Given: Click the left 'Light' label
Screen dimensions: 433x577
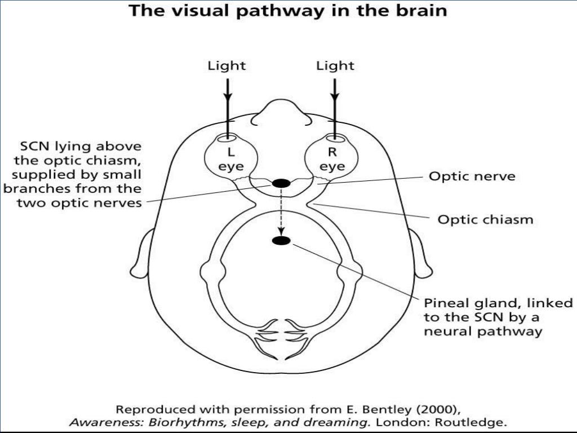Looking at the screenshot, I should point(227,66).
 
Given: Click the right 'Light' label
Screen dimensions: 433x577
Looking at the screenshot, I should point(335,66).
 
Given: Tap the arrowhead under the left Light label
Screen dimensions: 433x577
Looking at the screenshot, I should point(227,90).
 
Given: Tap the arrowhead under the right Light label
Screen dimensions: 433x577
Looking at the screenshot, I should point(336,90).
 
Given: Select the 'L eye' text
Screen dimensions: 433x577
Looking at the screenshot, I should point(231,159).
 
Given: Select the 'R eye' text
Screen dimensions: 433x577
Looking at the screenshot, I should point(332,159).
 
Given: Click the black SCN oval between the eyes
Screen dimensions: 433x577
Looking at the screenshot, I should point(281,183).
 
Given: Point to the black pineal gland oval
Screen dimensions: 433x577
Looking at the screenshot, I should point(281,241).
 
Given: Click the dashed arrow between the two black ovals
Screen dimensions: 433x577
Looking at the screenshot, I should point(281,211).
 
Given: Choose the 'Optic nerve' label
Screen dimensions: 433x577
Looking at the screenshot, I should point(472,176).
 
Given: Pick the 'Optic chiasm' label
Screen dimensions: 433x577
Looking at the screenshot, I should point(485,219).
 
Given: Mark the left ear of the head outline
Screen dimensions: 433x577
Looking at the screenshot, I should point(142,254).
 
